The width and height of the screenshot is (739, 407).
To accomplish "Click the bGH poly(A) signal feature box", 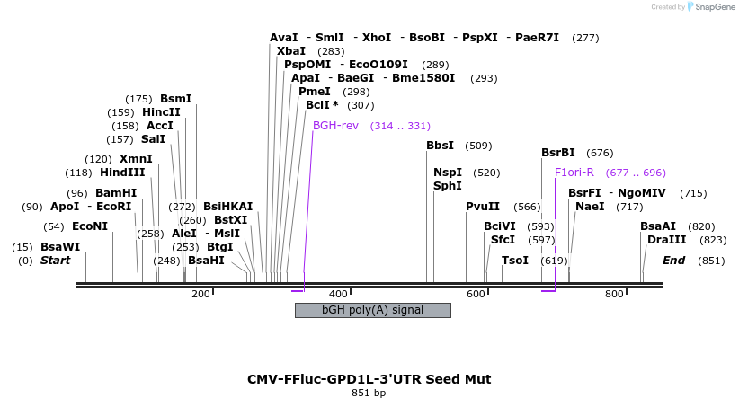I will coord(372,310).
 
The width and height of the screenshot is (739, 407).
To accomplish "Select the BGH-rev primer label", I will coord(335,125).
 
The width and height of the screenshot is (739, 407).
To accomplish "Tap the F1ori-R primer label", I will coord(574,172).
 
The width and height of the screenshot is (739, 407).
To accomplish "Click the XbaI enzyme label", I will coord(291,51).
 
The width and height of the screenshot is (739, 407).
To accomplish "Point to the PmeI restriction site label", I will coord(315,92).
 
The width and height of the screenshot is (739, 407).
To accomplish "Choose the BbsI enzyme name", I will coord(440,146).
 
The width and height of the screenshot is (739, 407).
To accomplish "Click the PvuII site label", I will coord(483,207).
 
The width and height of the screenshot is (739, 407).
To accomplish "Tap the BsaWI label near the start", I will coord(60,247).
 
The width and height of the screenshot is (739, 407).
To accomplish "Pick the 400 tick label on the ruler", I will coord(338,294).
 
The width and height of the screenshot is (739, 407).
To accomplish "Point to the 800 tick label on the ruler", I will coord(614,294).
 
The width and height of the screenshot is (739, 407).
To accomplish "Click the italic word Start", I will coord(55,261).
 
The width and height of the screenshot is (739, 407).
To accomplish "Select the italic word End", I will coord(673,261).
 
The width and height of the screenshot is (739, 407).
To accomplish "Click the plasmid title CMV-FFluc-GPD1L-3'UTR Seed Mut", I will coord(369,379).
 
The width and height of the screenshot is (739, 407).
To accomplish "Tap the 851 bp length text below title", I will coord(369,394).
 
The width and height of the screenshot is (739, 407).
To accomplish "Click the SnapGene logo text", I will coord(713,7).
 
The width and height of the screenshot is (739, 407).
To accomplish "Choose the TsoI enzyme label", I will coord(515,261).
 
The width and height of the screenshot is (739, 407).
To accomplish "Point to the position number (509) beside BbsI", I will coord(478,146).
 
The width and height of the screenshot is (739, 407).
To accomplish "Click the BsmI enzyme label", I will coord(175,99).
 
